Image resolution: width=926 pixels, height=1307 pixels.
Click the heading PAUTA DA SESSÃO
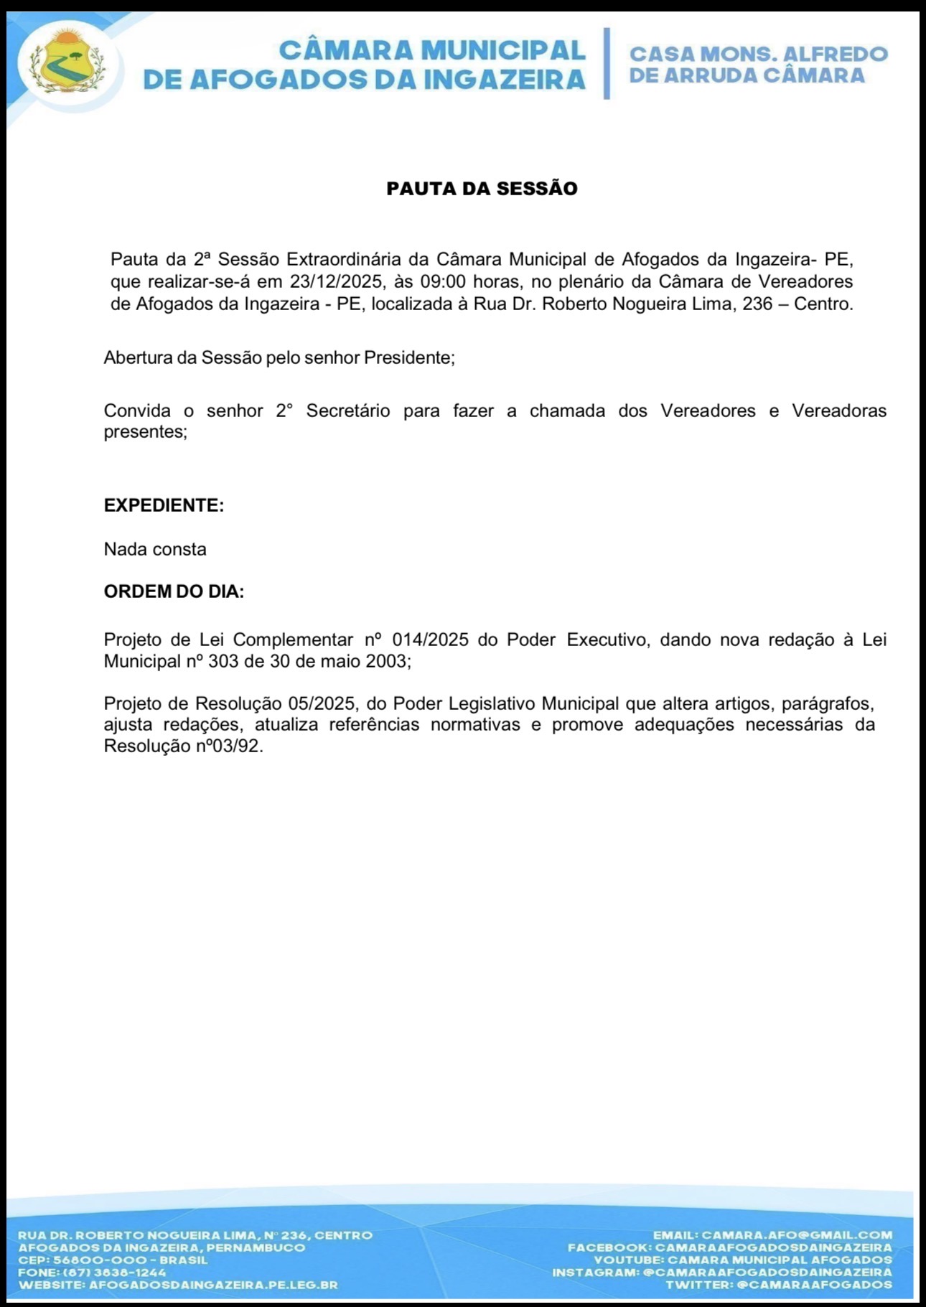pyautogui.click(x=482, y=189)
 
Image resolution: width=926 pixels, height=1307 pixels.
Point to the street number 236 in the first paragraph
pyautogui.click(x=757, y=304)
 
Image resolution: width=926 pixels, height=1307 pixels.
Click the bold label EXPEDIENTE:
pyautogui.click(x=164, y=505)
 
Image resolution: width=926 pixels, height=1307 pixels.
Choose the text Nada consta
pyautogui.click(x=155, y=550)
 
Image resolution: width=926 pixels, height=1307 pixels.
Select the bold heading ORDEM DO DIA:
pyautogui.click(x=174, y=592)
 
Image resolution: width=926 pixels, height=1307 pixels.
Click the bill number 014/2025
pyautogui.click(x=430, y=640)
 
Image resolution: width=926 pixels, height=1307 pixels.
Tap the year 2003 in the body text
pyautogui.click(x=386, y=661)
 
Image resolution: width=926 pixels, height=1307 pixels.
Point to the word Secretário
pyautogui.click(x=348, y=411)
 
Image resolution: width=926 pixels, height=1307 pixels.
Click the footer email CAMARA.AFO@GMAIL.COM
pyautogui.click(x=796, y=1235)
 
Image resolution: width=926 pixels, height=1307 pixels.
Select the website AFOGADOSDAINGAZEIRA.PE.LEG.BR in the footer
pyautogui.click(x=213, y=1285)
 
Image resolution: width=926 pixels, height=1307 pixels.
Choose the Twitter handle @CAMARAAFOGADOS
pyautogui.click(x=815, y=1285)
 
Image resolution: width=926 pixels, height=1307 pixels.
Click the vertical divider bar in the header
pyautogui.click(x=607, y=63)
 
